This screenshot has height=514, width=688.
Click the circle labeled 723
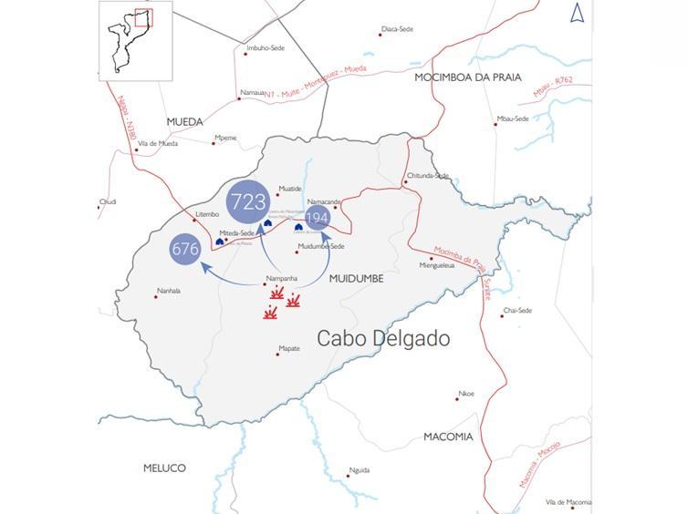pyautogui.click(x=248, y=201)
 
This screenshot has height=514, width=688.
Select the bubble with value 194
pyautogui.click(x=317, y=218)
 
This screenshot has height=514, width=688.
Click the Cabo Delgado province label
pyautogui.click(x=383, y=339)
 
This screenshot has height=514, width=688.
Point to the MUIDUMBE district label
pyautogui.click(x=357, y=277)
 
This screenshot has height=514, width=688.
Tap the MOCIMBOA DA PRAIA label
pyautogui.click(x=468, y=77)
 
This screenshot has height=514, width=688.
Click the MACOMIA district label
pyautogui.click(x=448, y=437)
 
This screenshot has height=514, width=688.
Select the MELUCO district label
pyautogui.click(x=164, y=468)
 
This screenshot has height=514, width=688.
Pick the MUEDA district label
pyautogui.click(x=185, y=121)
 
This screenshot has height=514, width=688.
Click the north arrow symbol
pyautogui.click(x=577, y=13)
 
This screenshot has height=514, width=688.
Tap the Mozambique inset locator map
pyautogui.click(x=126, y=37)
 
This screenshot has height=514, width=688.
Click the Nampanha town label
pyautogui.click(x=281, y=278)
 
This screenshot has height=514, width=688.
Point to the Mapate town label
pyautogui.click(x=289, y=348)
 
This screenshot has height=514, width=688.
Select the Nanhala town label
pyautogui.click(x=169, y=291)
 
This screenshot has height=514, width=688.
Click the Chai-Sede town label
pyautogui.click(x=517, y=310)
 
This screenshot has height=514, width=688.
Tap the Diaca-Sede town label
pyautogui.click(x=397, y=29)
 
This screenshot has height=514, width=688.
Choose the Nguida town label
pyautogui.click(x=360, y=470)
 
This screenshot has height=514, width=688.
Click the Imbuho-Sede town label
pyautogui.click(x=265, y=48)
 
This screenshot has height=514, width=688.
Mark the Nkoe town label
pyautogui.click(x=466, y=394)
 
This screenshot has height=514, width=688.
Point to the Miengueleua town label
pyautogui.click(x=436, y=265)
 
